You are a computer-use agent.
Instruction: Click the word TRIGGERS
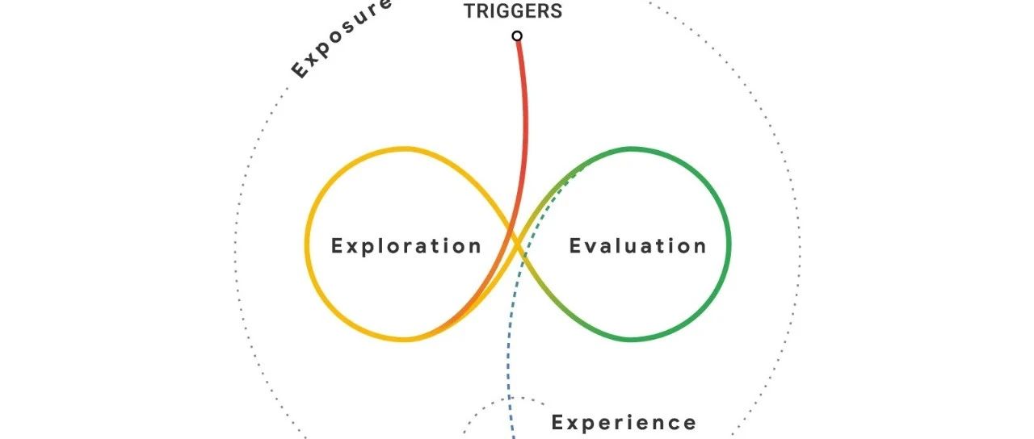pyautogui.click(x=513, y=11)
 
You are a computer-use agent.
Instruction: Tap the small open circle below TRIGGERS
pyautogui.click(x=517, y=36)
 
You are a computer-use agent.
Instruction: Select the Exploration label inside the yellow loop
pyautogui.click(x=406, y=246)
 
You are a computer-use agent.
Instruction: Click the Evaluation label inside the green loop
pyautogui.click(x=637, y=246)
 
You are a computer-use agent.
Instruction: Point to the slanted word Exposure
pyautogui.click(x=340, y=40)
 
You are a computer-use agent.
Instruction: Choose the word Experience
pyautogui.click(x=624, y=422)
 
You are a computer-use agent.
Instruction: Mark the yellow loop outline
pyautogui.click(x=308, y=242)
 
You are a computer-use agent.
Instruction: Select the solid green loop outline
pyautogui.click(x=729, y=242)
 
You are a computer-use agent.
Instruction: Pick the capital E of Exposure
pyautogui.click(x=299, y=71)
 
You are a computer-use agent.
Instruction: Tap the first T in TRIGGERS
pyautogui.click(x=469, y=11)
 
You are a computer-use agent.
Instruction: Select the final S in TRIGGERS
pyautogui.click(x=557, y=11)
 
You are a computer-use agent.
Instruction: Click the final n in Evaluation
pyautogui.click(x=700, y=246)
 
